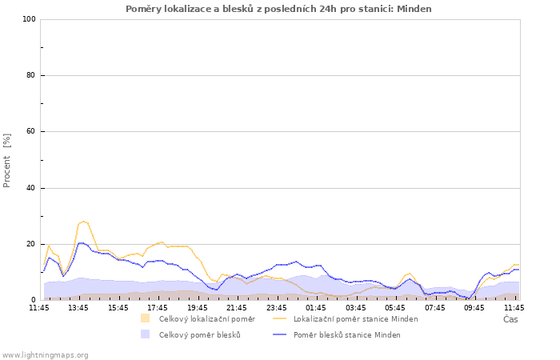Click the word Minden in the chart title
click(414, 9)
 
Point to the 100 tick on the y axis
click(30, 19)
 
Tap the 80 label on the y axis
click(30, 75)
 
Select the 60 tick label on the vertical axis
click(30, 131)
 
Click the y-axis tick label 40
click(30, 188)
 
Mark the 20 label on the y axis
click(30, 244)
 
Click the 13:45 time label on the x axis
click(78, 308)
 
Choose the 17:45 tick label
click(158, 308)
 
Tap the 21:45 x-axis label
click(237, 308)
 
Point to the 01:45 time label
click(316, 308)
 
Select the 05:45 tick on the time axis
click(395, 308)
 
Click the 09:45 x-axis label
click(474, 308)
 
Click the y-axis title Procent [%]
click(6, 160)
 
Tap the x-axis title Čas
click(510, 319)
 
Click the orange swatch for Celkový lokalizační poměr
click(145, 318)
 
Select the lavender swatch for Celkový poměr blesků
click(145, 334)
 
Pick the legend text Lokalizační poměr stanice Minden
click(356, 319)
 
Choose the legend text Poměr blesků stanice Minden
click(347, 335)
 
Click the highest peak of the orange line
click(83, 222)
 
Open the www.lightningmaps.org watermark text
click(44, 355)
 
